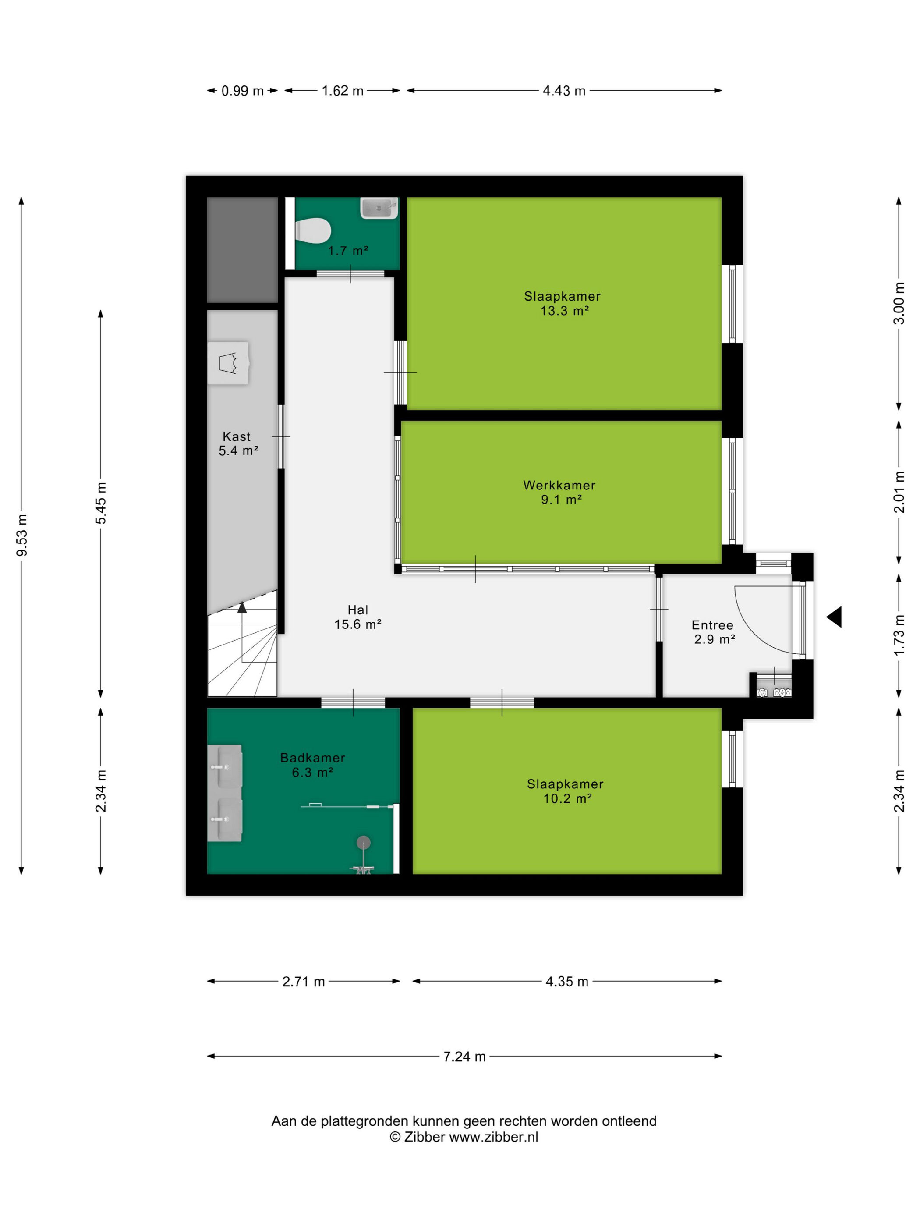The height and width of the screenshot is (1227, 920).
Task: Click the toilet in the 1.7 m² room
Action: click(x=313, y=230)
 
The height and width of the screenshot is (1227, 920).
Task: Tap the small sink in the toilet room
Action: click(x=379, y=208)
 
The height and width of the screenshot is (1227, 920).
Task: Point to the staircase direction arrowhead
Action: click(x=242, y=607)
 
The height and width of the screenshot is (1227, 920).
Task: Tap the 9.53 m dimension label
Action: click(x=21, y=535)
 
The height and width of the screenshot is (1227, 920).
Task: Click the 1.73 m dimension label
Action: click(x=899, y=635)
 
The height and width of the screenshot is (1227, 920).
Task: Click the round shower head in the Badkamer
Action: click(x=363, y=843)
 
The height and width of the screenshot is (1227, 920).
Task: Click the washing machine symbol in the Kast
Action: click(x=228, y=363)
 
